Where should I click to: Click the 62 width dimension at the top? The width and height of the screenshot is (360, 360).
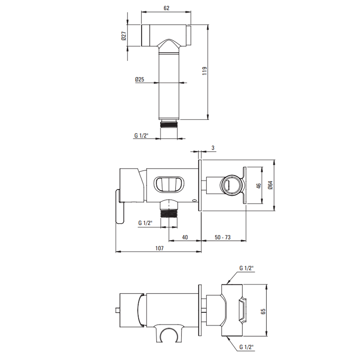coord(166,8)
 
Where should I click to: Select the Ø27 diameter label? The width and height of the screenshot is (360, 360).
coord(124,36)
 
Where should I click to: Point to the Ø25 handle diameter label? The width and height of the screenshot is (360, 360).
coord(140,80)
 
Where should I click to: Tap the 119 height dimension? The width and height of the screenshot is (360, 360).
coord(204,71)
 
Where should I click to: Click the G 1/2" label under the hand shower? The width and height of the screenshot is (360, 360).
coord(141,135)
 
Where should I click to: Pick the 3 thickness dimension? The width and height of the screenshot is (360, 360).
coord(213,148)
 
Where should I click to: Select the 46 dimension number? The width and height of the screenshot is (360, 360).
coord(258,185)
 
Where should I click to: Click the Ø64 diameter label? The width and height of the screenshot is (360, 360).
coord(270,185)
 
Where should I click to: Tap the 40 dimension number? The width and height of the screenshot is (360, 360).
coord(185,237)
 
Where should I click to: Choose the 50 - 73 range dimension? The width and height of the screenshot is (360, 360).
coord(222,237)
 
